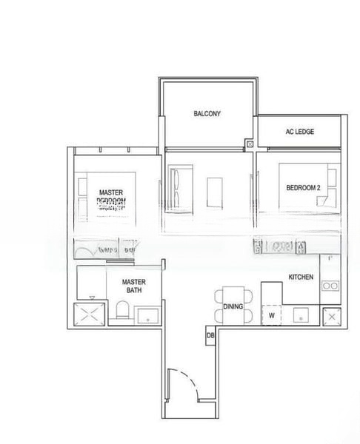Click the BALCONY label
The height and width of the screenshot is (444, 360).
(207, 114)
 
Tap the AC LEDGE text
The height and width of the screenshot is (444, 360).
(300, 132)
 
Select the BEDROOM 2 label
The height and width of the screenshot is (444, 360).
(303, 188)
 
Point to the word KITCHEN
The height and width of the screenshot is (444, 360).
(301, 277)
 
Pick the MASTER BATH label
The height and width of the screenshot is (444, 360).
(133, 286)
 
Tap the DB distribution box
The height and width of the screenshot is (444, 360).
(210, 338)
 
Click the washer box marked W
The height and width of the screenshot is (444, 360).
(272, 314)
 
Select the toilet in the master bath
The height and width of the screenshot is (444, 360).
(124, 312)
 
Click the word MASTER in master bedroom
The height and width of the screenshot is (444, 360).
(111, 192)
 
